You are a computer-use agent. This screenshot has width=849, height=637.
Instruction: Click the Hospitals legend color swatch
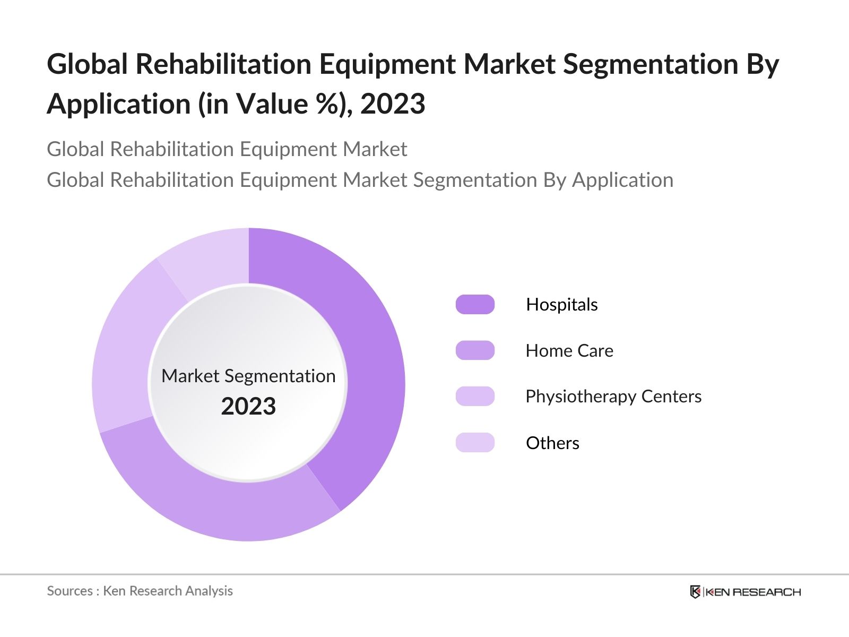(475, 305)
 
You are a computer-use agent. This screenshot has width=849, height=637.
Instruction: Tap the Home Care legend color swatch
(475, 351)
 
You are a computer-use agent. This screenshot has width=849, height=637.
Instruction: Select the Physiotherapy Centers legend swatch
(475, 397)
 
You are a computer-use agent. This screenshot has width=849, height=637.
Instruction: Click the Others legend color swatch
(475, 443)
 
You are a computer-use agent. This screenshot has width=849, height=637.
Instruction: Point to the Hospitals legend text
(561, 305)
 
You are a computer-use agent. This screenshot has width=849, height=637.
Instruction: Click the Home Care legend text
(569, 351)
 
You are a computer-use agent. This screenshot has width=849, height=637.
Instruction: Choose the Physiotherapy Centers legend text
(613, 397)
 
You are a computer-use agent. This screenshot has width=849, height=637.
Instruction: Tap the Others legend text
(552, 443)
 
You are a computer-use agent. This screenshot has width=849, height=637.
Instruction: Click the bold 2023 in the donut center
(248, 407)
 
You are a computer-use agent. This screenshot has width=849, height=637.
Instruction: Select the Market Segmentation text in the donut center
(248, 376)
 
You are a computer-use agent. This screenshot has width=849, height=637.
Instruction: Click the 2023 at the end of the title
(393, 104)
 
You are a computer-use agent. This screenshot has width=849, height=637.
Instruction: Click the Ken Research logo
(745, 592)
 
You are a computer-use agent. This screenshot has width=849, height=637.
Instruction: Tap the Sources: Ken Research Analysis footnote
(140, 591)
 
